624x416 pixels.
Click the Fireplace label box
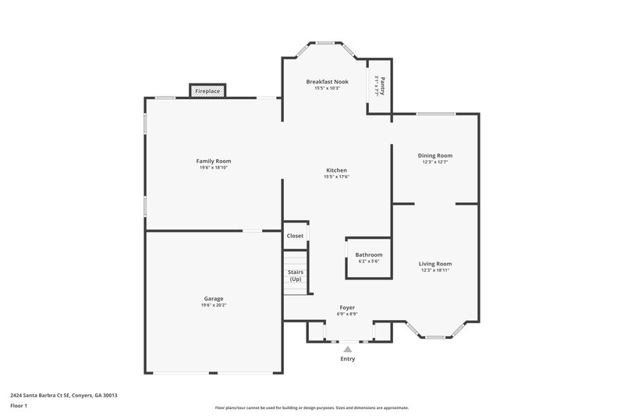click(207, 91)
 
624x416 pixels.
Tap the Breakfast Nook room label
click(327, 81)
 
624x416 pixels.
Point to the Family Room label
click(213, 161)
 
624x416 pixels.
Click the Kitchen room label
click(336, 170)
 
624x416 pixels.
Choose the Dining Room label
click(436, 155)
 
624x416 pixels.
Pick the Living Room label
click(436, 264)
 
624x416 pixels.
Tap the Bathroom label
click(369, 254)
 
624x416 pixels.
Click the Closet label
click(295, 236)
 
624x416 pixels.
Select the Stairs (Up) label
click(296, 276)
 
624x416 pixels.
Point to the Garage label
click(214, 299)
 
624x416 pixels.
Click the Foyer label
click(347, 308)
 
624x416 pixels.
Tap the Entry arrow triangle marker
click(348, 350)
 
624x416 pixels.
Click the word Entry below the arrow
click(348, 359)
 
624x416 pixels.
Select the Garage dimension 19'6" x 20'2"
click(214, 305)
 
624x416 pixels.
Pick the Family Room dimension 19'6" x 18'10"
click(213, 167)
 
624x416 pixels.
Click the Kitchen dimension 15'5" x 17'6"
click(336, 176)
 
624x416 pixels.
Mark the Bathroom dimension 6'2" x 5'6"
click(369, 261)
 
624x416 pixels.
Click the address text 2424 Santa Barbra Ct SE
click(44, 396)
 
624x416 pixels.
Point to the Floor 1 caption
click(19, 407)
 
